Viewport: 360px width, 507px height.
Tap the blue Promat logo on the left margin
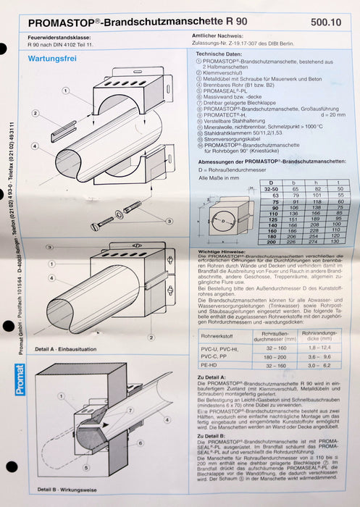[20, 380]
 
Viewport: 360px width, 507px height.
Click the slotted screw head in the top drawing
[99, 226]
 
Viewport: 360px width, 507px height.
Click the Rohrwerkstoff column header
[216, 335]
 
